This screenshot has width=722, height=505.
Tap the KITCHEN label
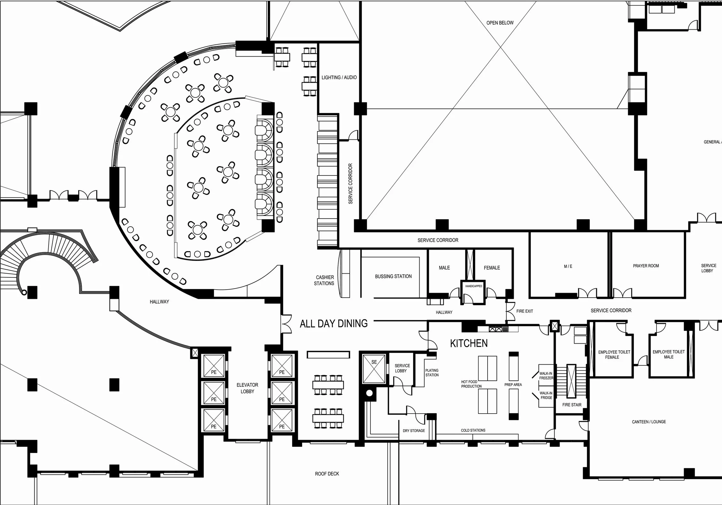[x=469, y=344]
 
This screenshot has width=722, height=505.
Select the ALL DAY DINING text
[x=334, y=324]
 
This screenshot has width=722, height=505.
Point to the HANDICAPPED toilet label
[x=474, y=286]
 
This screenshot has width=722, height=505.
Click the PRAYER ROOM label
[x=646, y=266]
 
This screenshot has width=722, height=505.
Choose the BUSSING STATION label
[x=393, y=276]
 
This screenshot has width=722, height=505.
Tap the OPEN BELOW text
[x=500, y=23]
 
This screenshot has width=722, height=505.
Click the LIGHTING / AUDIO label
[x=339, y=78]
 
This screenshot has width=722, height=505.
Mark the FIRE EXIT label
[x=524, y=311]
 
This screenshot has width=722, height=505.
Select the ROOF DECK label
[x=327, y=474]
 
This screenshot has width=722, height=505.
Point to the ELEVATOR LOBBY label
[x=247, y=388]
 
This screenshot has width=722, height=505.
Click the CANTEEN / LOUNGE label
[x=649, y=422]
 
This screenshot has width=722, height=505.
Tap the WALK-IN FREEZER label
[x=546, y=376]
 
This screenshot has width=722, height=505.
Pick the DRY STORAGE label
[x=414, y=431]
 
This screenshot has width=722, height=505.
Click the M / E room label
[x=568, y=266]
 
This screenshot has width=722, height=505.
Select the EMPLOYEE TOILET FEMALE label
[x=614, y=355]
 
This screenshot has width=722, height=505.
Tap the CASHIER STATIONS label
[x=324, y=280]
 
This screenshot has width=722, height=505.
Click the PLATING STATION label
[x=432, y=373]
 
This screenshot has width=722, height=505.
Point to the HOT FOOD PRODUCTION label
[x=471, y=384]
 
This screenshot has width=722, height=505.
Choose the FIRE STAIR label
[x=572, y=405]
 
